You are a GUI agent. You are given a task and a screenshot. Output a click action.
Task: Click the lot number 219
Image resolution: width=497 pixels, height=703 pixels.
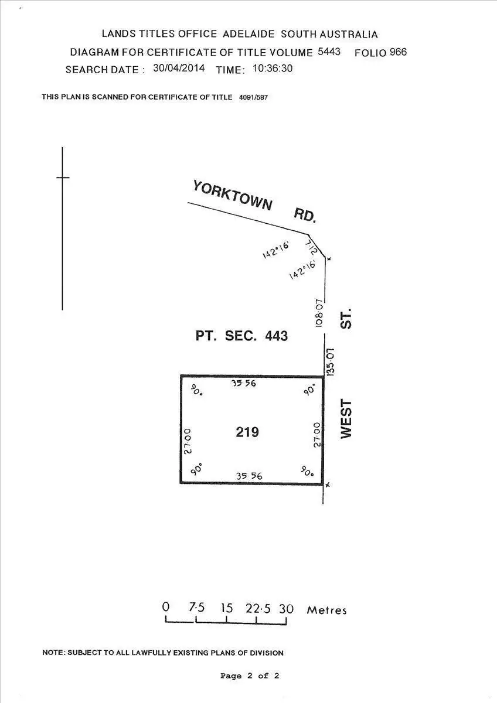(x=247, y=432)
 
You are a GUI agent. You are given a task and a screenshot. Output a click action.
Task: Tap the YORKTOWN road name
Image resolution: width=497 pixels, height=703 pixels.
(x=233, y=196)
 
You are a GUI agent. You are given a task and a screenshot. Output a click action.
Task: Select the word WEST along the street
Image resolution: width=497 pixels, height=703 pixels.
(x=346, y=419)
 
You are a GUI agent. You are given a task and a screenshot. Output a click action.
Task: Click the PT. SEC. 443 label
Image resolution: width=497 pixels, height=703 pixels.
(x=241, y=336)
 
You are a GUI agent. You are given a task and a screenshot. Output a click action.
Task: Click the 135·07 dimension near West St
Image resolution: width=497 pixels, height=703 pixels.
(x=330, y=361)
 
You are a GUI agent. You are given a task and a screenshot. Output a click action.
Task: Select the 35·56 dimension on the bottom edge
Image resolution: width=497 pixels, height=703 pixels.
(x=249, y=476)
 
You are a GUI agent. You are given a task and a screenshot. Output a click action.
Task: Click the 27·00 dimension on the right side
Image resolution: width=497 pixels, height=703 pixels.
(x=316, y=435)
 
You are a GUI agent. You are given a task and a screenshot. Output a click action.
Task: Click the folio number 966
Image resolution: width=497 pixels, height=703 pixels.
(x=397, y=52)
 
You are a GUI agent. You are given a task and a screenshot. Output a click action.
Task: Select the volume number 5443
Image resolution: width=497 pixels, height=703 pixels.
(x=329, y=52)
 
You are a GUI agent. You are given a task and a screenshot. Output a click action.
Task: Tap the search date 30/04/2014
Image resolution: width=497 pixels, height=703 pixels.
(x=179, y=68)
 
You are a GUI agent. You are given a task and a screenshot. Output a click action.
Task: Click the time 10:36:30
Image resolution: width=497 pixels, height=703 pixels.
(x=273, y=68)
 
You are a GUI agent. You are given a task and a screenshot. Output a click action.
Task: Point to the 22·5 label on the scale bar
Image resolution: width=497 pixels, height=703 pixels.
(x=258, y=609)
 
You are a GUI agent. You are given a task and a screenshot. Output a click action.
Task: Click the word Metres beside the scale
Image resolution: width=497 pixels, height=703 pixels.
(x=326, y=610)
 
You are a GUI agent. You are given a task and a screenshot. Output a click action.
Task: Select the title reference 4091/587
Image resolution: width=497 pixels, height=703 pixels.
(x=254, y=97)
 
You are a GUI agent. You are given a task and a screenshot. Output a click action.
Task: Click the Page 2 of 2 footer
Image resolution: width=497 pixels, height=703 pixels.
(x=250, y=675)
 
